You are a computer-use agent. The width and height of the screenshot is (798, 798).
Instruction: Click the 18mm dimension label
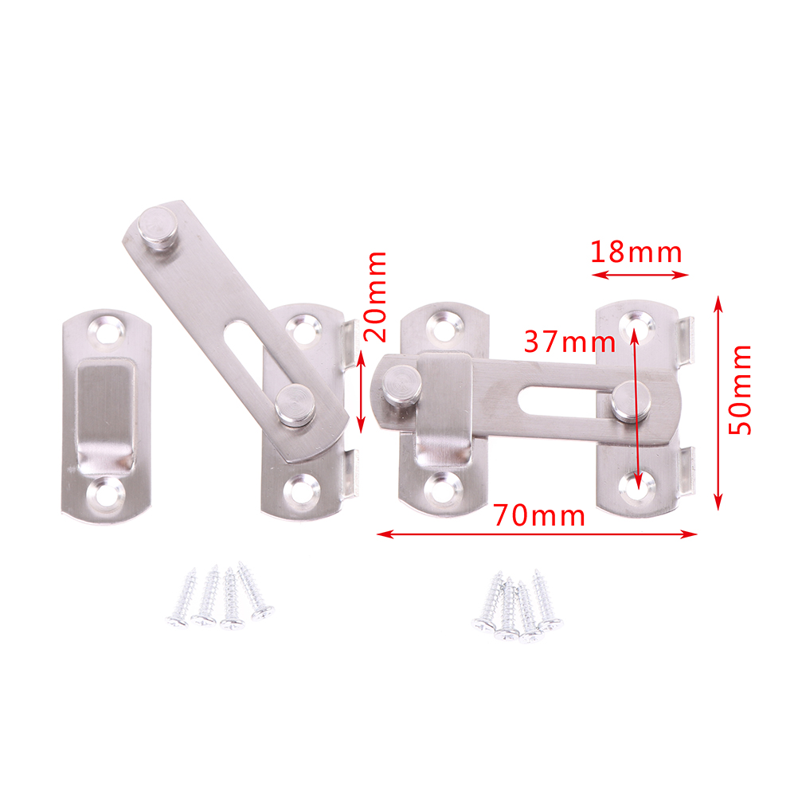click(636, 252)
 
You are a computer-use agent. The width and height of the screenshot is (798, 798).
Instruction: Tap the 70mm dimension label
click(539, 515)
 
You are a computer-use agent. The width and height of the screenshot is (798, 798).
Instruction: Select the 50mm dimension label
click(740, 389)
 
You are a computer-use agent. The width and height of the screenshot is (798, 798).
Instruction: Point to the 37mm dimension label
click(569, 342)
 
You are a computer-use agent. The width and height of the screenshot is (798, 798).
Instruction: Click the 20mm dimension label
click(377, 296)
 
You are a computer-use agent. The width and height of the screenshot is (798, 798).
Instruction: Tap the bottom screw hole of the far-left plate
click(105, 493)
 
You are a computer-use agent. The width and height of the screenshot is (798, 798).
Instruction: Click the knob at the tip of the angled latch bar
click(158, 227)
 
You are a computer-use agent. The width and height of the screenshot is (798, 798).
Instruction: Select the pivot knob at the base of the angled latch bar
click(295, 405)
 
